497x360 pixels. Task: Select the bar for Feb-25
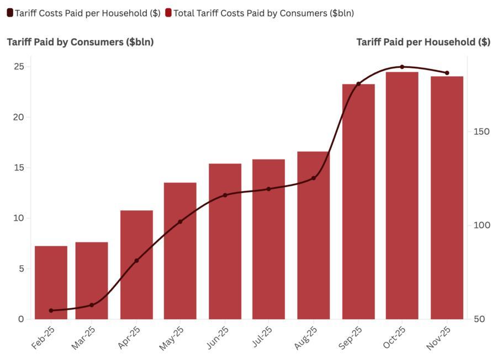[x=51, y=282]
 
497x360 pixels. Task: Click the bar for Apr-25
[x=136, y=264]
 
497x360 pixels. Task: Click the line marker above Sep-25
[x=358, y=84]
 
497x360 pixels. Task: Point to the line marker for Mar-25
[x=92, y=305]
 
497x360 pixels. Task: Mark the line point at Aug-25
[x=314, y=178]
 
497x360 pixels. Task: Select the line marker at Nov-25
[x=447, y=73]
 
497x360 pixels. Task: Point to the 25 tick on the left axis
[x=19, y=66]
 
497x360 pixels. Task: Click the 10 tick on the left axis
[x=19, y=218]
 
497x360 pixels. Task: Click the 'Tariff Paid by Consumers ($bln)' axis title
[x=80, y=42]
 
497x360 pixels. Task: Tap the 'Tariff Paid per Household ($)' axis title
[x=423, y=42]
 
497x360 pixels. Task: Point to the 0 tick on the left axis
[x=21, y=319]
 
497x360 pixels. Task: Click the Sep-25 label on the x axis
[x=351, y=337]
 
